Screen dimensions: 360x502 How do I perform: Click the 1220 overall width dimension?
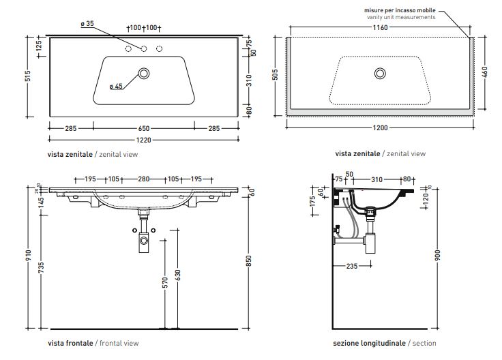pyautogui.click(x=143, y=140)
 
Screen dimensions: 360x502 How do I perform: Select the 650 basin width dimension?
pyautogui.click(x=143, y=127)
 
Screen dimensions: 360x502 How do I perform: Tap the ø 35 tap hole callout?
pyautogui.click(x=87, y=24)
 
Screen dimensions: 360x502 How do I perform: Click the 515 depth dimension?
pyautogui.click(x=27, y=78)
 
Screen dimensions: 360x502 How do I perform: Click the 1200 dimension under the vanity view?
pyautogui.click(x=380, y=127)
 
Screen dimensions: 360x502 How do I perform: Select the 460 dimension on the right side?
pyautogui.click(x=485, y=72)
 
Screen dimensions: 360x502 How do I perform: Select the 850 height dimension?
pyautogui.click(x=249, y=260)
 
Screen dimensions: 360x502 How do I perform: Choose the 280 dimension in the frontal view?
pyautogui.click(x=143, y=179)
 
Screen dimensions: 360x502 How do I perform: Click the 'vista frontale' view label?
pyautogui.click(x=70, y=343)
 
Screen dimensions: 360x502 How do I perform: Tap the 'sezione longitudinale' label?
pyautogui.click(x=369, y=343)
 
